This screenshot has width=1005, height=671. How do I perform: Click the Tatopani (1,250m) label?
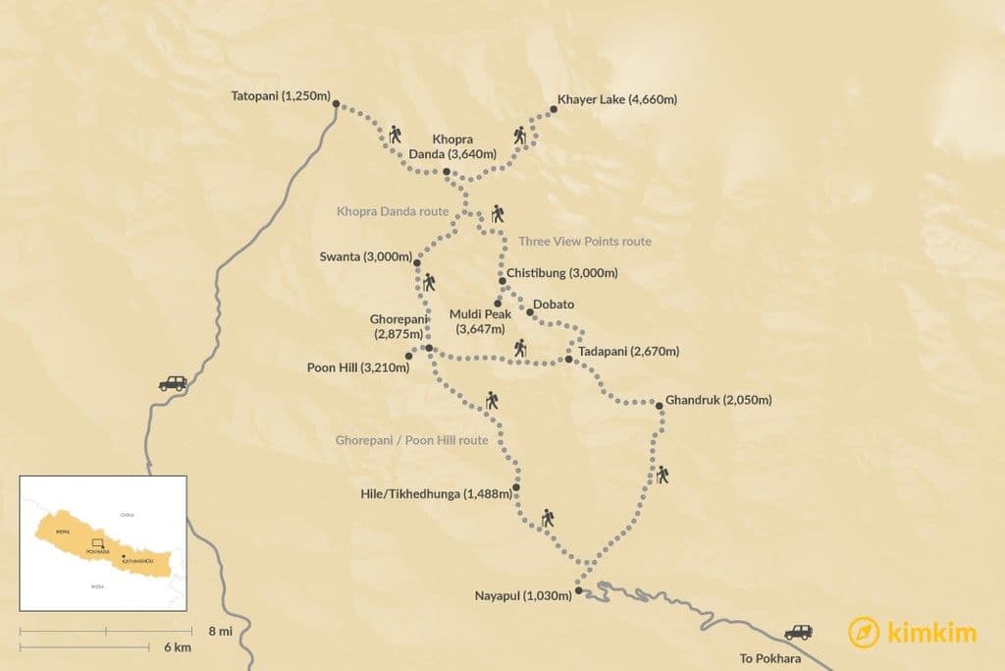[281, 99]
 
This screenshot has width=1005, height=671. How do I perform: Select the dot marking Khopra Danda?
[447, 171]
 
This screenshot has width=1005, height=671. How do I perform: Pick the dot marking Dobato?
[530, 312]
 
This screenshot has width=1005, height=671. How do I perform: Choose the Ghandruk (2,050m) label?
[718, 400]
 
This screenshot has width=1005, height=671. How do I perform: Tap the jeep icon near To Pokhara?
[798, 633]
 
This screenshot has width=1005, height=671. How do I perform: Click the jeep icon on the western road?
[172, 383]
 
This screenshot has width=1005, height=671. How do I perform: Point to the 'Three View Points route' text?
[584, 241]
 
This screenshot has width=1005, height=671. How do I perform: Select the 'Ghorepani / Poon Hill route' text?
[411, 441]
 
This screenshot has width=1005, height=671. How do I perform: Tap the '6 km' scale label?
[178, 647]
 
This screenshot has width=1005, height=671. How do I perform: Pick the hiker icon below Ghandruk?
[663, 475]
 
